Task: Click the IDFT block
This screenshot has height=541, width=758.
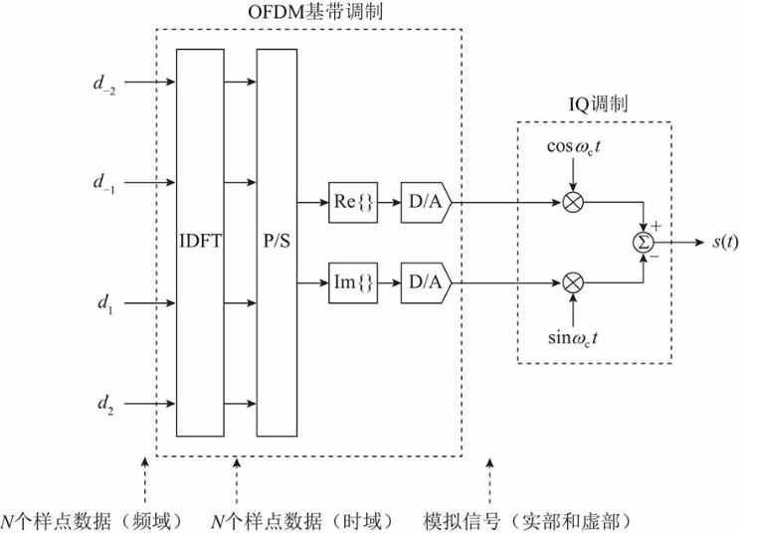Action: [200, 242]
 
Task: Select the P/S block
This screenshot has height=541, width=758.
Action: [279, 242]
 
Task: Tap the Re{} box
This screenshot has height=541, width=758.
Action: [350, 202]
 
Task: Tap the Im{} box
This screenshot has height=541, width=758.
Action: [350, 282]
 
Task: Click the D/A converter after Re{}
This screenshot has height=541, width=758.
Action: [425, 202]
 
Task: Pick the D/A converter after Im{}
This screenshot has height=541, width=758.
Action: [425, 282]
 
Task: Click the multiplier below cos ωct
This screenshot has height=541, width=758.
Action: [573, 202]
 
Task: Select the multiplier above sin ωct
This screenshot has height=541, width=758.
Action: [573, 282]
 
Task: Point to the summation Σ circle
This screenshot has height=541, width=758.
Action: [644, 242]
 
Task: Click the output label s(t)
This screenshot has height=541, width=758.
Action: [725, 242]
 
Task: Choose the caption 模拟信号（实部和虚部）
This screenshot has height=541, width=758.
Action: [526, 522]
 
